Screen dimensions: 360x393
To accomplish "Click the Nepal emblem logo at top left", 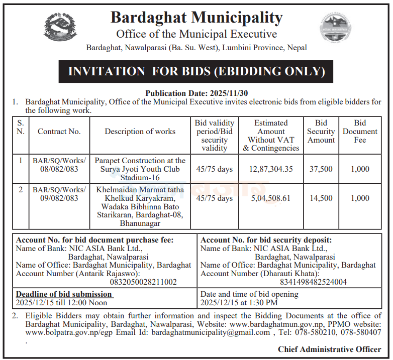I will tap(61, 27).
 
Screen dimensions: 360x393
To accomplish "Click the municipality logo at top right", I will tap(334, 28).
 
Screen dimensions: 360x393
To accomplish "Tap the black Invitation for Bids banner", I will tap(196, 71).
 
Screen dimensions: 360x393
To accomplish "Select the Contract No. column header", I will tap(59, 132).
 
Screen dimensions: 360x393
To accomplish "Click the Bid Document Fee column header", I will tap(360, 132).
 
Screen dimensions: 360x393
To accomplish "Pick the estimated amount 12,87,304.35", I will tap(271, 169).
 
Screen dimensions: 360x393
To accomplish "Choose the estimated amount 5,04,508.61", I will tap(271, 198).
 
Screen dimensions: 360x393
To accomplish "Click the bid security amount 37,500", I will tap(321, 169).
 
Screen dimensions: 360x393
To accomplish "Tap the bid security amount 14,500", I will tap(321, 198).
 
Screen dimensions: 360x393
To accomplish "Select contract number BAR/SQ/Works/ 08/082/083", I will tap(59, 165).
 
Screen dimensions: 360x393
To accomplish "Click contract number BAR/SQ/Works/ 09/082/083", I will tap(59, 194).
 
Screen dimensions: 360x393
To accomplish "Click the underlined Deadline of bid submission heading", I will tap(64, 294).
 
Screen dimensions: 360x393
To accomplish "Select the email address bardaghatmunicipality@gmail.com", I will tap(211, 332).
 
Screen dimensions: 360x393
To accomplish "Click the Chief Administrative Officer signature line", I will tap(329, 349).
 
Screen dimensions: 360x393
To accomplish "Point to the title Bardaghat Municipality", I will tap(197, 18).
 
